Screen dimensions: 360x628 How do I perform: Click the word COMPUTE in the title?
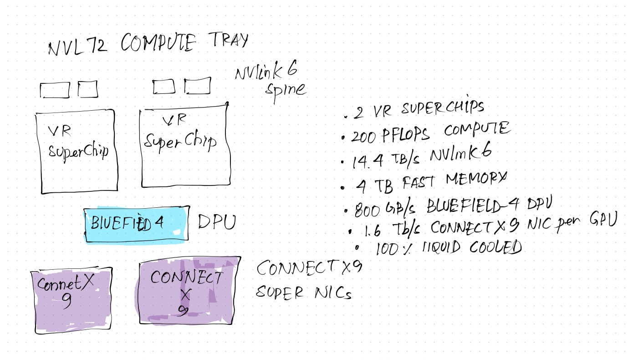160,44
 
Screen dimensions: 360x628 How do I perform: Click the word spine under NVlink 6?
286,89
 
